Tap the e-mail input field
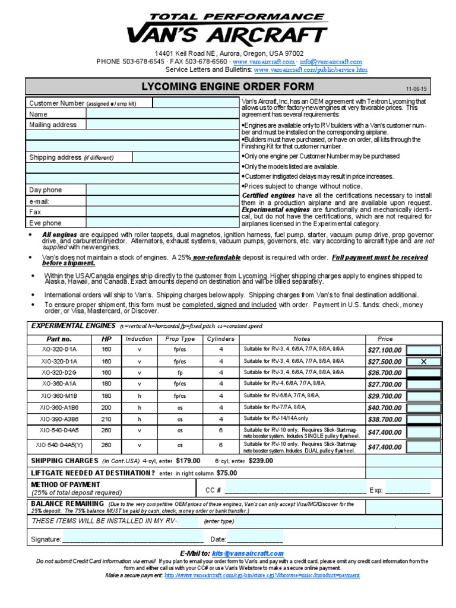(x=163, y=201)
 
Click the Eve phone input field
(x=163, y=223)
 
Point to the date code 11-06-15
(x=417, y=87)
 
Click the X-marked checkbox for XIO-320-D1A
(x=423, y=361)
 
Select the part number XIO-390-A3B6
(x=59, y=419)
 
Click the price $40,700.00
(x=384, y=407)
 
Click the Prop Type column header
(x=180, y=338)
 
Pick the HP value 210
(x=106, y=419)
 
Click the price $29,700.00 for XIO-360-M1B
(x=384, y=396)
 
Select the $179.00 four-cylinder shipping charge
(x=188, y=461)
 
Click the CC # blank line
(x=295, y=490)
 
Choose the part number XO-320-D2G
(x=59, y=373)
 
